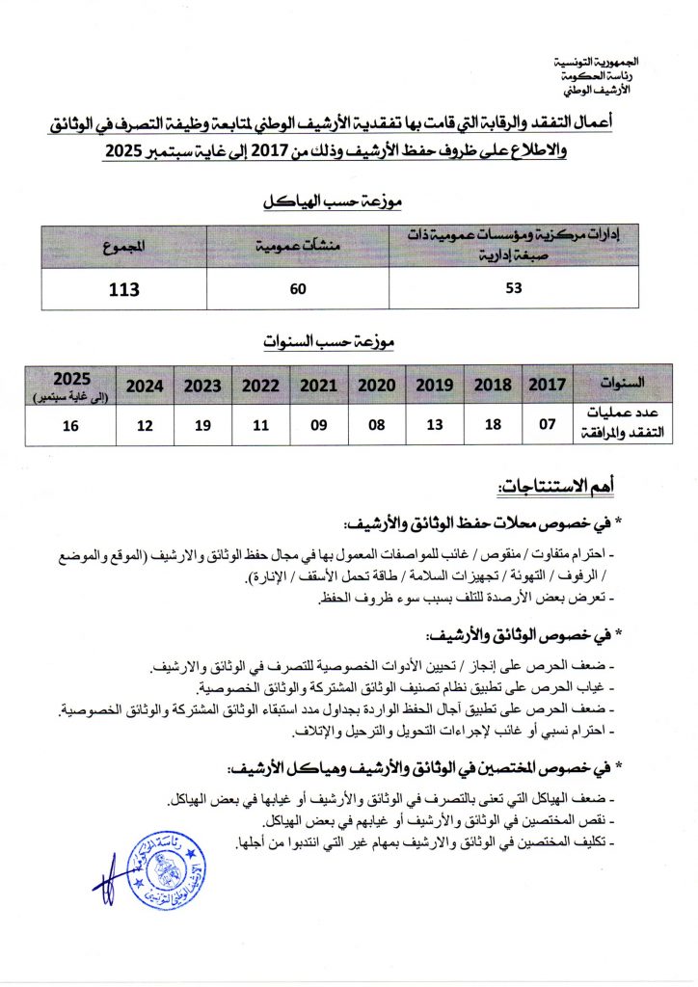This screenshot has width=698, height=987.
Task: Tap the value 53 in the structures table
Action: (513, 288)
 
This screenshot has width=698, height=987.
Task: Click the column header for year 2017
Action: (549, 385)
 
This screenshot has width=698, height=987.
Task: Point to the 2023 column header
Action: (202, 386)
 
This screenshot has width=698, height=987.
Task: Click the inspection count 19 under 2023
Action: (202, 426)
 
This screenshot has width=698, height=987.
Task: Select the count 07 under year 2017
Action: (549, 426)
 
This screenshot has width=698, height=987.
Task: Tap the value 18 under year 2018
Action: (493, 426)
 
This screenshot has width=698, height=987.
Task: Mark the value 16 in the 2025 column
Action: (71, 426)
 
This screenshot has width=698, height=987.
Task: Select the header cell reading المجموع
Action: (124, 247)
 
